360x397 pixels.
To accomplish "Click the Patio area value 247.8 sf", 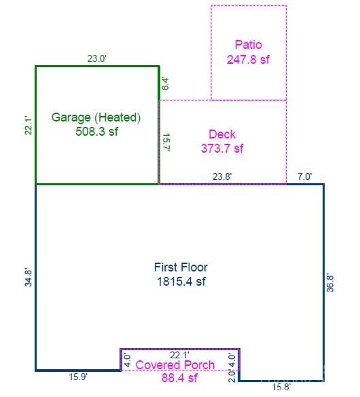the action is coord(248,60).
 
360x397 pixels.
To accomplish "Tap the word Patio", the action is coord(249,45).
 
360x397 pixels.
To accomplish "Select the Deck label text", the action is coord(222,134).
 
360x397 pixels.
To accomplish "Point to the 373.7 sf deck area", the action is coord(222,149).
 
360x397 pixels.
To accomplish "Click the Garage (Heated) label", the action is coord(96,117).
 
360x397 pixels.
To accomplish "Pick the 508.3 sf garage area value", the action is coord(96,132).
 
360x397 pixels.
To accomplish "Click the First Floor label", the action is coord(181,267).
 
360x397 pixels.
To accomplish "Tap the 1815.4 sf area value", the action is coord(181,282).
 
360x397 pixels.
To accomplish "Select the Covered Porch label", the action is coord(175,365).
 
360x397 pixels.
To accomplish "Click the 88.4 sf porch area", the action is coord(179,378).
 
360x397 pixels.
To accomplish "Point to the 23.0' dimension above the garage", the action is coord(96,58).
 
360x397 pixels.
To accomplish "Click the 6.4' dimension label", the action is coord(165,84).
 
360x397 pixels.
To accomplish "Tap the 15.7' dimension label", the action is coord(166,143).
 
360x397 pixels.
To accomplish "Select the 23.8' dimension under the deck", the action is coord(222,176).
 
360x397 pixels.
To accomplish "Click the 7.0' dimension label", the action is coord(305,176).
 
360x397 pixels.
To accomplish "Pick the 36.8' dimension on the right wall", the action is coord(330,282).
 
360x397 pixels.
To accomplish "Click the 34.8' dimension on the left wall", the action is coord(29,278).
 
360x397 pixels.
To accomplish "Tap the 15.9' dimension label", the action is coord(78,377).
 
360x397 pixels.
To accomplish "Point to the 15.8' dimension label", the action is coord(281,387).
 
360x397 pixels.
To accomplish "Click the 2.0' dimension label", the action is coord(232,376).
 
